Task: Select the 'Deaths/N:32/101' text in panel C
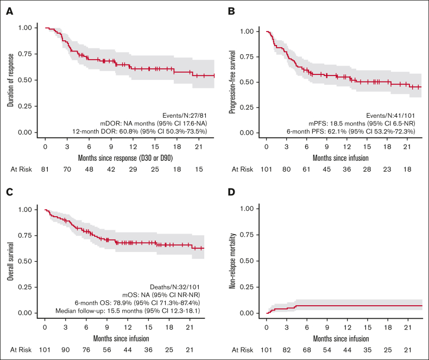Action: pos(189,287)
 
